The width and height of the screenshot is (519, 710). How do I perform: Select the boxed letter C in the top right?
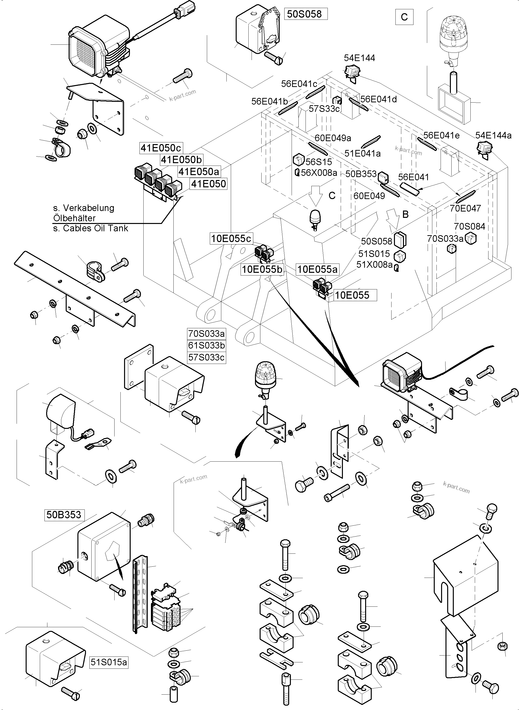click(404, 17)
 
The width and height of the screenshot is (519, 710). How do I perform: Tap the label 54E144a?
click(493, 135)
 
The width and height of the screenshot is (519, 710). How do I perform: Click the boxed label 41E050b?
click(181, 159)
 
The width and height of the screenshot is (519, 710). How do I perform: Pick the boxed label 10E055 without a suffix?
click(352, 295)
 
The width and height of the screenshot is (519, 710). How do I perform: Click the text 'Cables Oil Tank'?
click(95, 228)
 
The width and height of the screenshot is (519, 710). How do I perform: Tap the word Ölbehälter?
click(74, 218)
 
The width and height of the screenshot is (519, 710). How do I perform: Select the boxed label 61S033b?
click(206, 346)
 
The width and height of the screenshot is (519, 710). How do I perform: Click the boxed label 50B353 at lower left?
click(64, 515)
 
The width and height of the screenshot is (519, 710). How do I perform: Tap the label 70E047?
click(465, 208)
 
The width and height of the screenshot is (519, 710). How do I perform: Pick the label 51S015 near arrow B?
click(374, 254)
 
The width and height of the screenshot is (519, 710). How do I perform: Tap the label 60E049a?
click(333, 138)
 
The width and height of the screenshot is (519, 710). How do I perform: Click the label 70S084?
click(469, 226)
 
